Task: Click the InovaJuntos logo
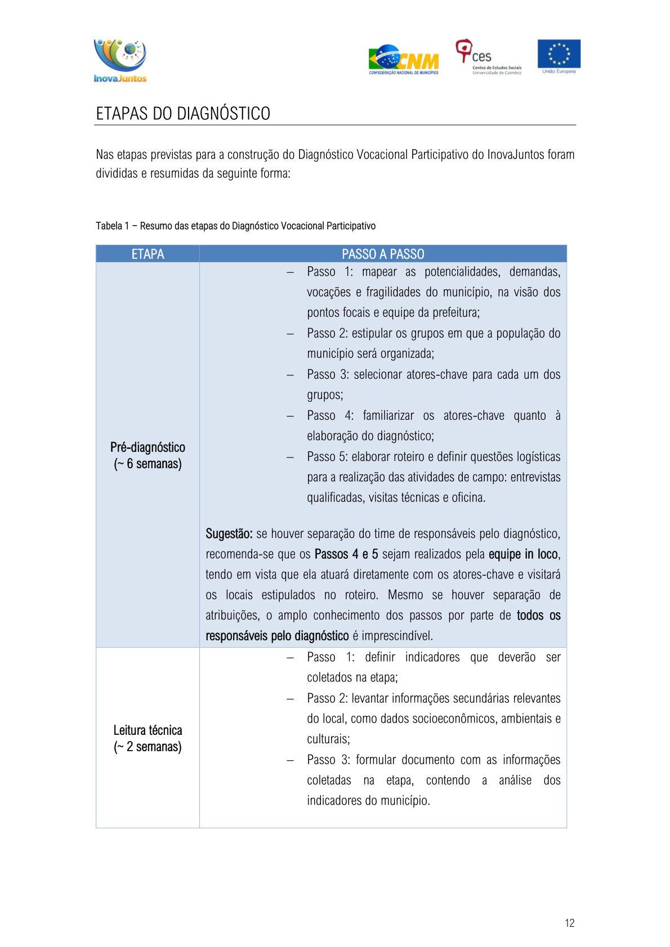coord(120,61)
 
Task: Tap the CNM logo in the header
coord(404,60)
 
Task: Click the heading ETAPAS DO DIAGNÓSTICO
coord(183,114)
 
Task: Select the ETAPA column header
coord(148,254)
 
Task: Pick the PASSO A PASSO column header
coord(383,254)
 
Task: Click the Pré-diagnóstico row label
coord(148,447)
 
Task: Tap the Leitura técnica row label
coord(148,730)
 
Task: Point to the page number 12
coord(569,923)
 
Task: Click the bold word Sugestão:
coord(229,533)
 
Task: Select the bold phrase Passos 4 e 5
coord(346,554)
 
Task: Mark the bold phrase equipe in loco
coord(524,554)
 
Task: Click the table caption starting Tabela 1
coord(235,226)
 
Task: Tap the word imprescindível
coord(397,636)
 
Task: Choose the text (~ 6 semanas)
coord(148,464)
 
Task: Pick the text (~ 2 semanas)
coord(148,747)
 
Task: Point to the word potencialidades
coord(462,272)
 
